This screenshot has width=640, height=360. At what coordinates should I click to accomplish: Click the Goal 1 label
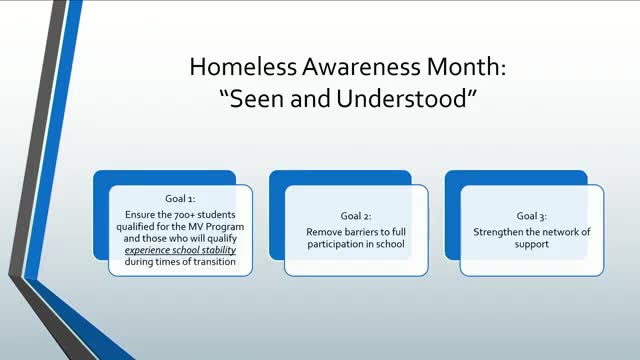click(x=180, y=199)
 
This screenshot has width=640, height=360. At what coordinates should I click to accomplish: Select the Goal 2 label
click(x=356, y=216)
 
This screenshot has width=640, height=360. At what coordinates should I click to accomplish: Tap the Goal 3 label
click(x=532, y=216)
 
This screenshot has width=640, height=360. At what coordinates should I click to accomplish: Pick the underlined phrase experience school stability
click(x=180, y=250)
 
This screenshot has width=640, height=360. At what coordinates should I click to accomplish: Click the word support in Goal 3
click(x=532, y=243)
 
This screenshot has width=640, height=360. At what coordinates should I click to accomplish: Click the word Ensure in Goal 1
click(x=141, y=213)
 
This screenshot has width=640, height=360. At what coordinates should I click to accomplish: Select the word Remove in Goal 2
click(x=324, y=231)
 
